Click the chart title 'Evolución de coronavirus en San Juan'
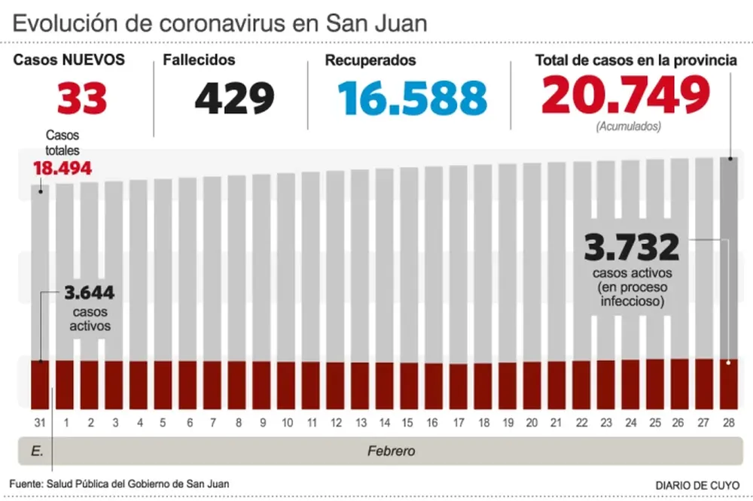click(x=220, y=23)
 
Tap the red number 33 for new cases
click(x=82, y=98)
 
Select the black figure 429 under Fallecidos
click(x=234, y=98)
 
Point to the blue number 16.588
click(x=413, y=98)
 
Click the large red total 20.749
click(x=626, y=96)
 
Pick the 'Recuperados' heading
click(x=370, y=60)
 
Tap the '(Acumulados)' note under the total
click(x=628, y=126)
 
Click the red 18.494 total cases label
click(x=62, y=168)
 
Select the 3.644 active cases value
click(x=89, y=293)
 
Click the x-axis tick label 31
click(x=41, y=424)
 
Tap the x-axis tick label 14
click(x=385, y=424)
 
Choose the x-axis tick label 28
click(x=729, y=424)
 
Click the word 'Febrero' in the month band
click(x=391, y=451)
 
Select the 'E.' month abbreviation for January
click(x=36, y=451)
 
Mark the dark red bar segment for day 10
click(x=286, y=385)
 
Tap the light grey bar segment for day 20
click(x=532, y=263)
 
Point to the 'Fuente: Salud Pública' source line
click(x=120, y=484)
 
